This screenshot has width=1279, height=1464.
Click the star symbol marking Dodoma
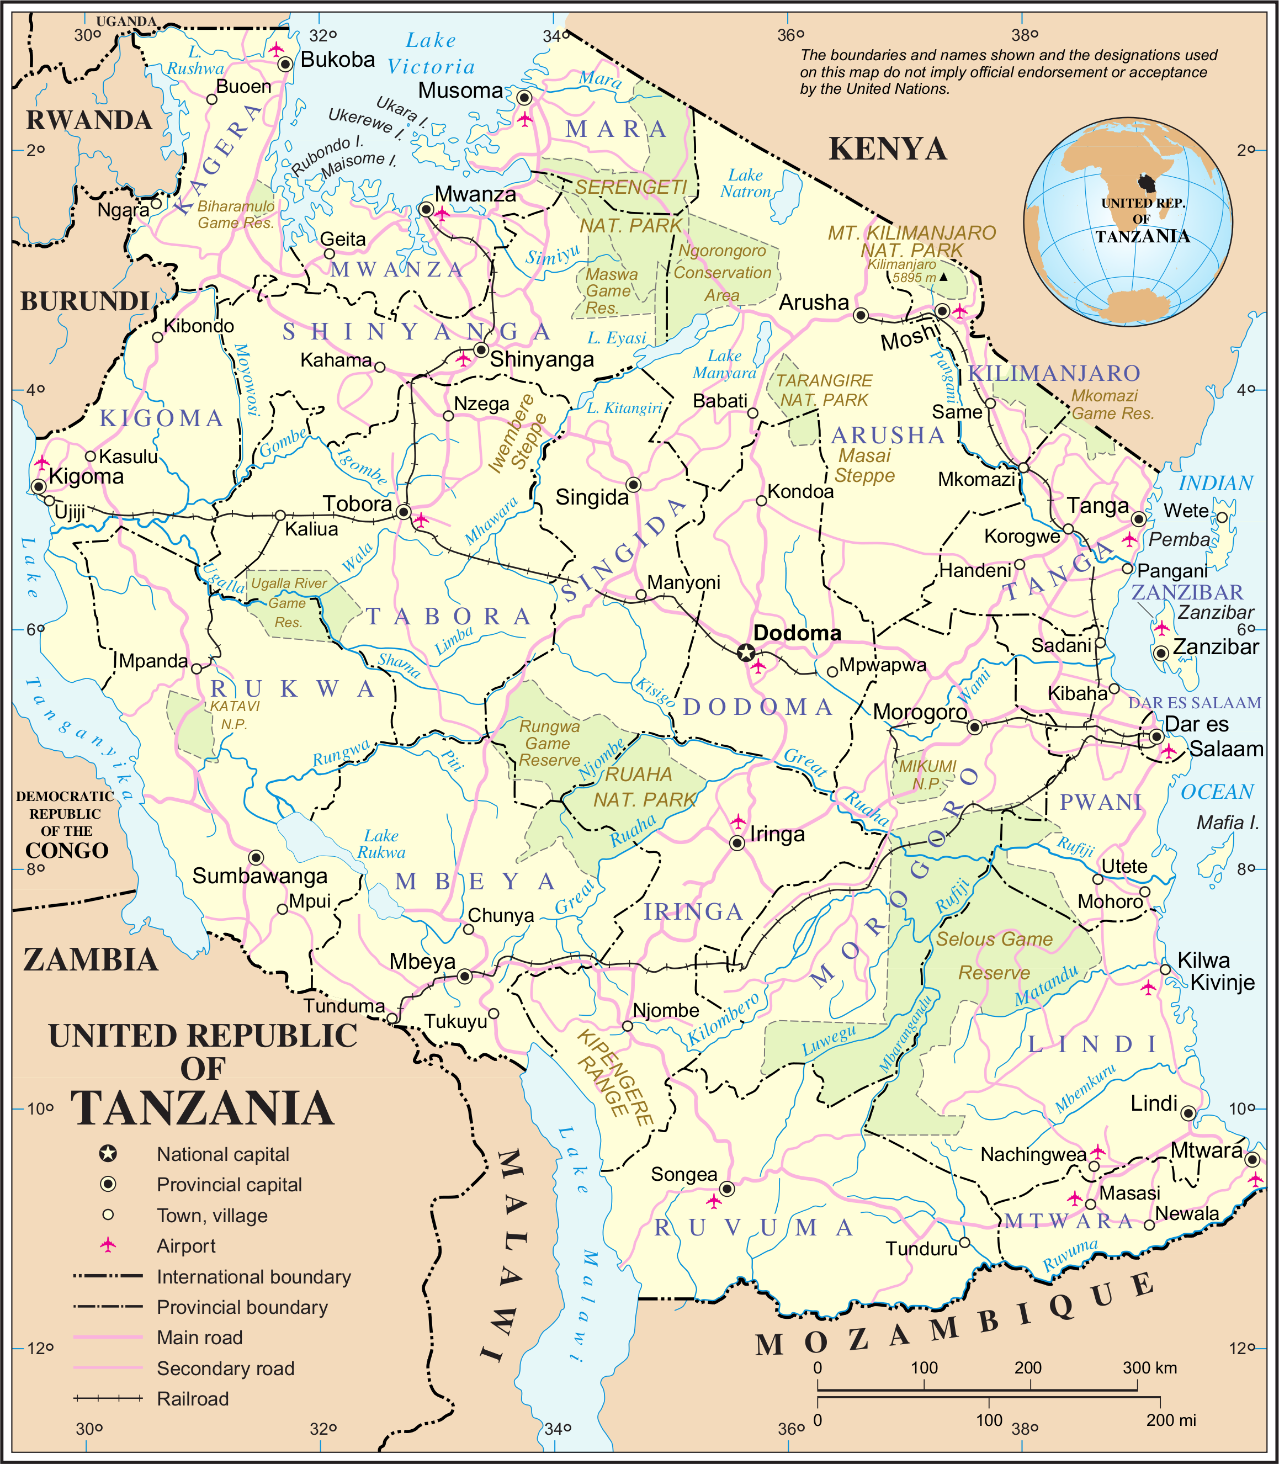click(745, 652)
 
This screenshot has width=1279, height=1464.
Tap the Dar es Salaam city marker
click(1156, 736)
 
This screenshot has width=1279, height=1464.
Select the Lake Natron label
click(745, 183)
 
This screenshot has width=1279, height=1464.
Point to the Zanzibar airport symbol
click(1161, 628)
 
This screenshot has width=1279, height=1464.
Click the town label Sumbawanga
click(260, 876)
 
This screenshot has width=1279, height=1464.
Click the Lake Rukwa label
click(381, 844)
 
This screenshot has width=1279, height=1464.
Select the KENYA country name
click(887, 149)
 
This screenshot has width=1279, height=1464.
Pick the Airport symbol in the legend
click(108, 1245)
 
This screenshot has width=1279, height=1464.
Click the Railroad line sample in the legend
click(108, 1398)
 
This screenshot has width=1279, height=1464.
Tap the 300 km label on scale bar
click(1149, 1367)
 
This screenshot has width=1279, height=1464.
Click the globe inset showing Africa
click(1128, 222)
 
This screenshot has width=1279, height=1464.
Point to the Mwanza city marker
click(426, 209)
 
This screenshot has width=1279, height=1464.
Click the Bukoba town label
click(338, 59)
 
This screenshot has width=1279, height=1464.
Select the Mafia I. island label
click(1228, 823)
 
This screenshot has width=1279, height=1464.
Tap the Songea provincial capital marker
click(726, 1189)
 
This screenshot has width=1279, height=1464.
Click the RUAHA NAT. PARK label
click(643, 787)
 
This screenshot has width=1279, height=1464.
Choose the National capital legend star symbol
click(108, 1154)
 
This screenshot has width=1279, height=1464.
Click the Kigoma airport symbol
click(42, 463)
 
